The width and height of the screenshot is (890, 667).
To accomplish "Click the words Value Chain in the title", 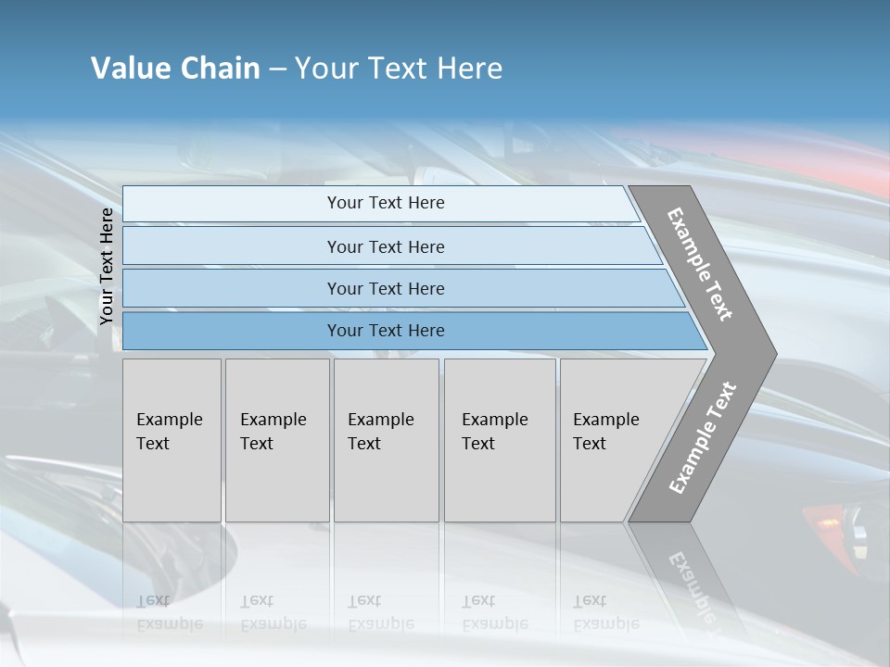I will coord(175,69).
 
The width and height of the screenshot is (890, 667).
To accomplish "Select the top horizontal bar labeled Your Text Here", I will coord(385,203).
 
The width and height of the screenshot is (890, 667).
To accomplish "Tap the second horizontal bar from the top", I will coord(385,246).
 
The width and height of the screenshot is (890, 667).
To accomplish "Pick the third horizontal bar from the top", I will coord(385,289).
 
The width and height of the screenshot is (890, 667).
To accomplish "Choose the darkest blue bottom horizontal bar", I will coord(385,331).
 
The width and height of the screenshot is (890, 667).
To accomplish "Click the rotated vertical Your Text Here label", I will coord(107,266).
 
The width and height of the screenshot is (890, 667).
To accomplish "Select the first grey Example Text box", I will coord(172,440).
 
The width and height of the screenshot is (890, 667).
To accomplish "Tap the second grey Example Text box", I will coord(276,440).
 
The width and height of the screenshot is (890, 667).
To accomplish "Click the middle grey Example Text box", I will coord(386,440).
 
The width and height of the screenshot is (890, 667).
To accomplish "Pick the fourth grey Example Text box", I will coord(499,440).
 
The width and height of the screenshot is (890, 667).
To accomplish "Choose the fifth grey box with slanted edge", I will coord(612,440).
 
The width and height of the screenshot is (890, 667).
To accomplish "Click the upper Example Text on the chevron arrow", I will coord(700,264).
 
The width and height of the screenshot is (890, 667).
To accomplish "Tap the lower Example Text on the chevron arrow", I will coord(702,438).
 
